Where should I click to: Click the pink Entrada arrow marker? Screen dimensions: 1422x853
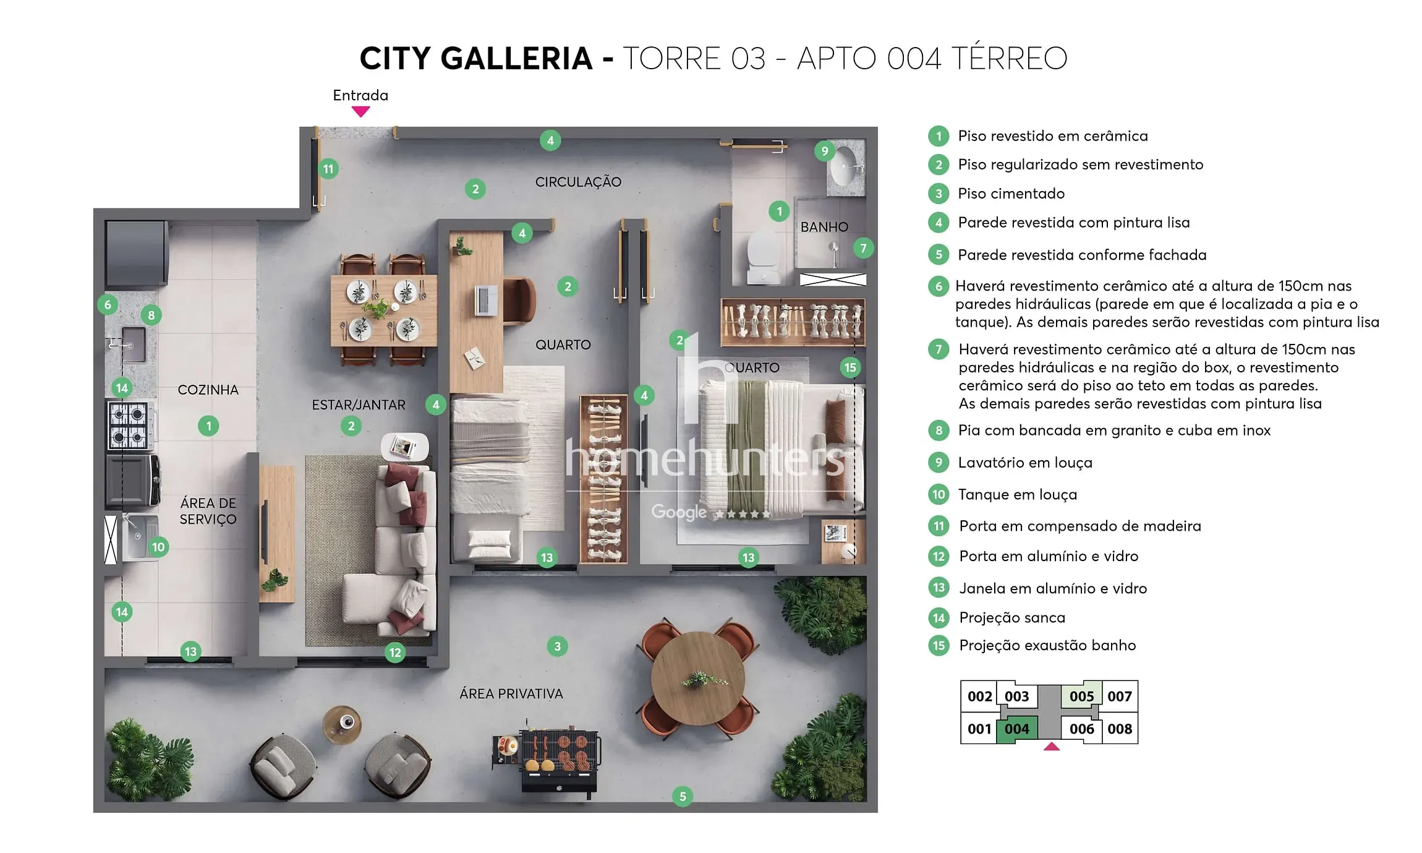(x=360, y=111)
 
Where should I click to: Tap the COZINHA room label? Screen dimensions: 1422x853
(x=208, y=390)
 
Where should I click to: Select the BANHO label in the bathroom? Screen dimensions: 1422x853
(x=824, y=227)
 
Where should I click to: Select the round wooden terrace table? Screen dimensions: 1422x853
(x=698, y=678)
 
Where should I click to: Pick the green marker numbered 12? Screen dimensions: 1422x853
(x=395, y=652)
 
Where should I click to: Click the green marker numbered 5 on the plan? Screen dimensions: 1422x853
(x=683, y=797)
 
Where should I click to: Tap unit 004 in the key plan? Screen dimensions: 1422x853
(x=1016, y=729)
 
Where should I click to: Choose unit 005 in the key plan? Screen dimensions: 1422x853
(x=1081, y=697)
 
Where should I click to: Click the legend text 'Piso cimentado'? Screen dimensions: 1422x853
(x=1011, y=194)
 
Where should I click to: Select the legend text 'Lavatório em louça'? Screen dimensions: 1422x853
(x=1025, y=463)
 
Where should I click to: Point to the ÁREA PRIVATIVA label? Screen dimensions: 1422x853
(x=511, y=694)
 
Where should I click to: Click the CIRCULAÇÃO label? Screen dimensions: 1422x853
(x=578, y=182)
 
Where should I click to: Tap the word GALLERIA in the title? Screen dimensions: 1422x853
(x=516, y=59)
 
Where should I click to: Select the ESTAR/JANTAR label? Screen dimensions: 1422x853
(x=359, y=405)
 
